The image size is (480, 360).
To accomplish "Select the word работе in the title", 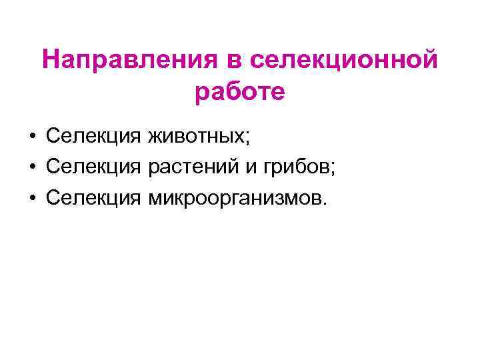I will (x=240, y=92).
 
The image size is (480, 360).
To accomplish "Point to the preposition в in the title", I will (x=232, y=61).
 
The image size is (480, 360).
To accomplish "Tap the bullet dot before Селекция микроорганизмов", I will (x=32, y=198).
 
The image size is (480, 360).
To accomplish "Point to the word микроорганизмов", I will (x=235, y=198).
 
